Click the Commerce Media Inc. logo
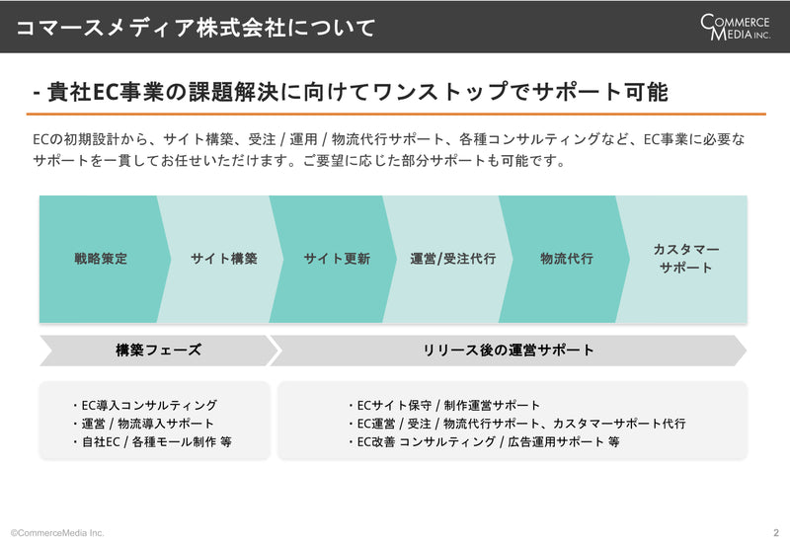(735, 28)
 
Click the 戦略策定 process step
(101, 259)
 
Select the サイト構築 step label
(224, 259)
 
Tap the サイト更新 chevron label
(337, 259)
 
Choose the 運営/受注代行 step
(452, 259)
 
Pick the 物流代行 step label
(566, 259)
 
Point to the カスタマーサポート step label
(685, 259)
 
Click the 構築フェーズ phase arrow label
(158, 350)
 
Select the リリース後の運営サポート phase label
(508, 350)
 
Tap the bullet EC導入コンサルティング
(144, 405)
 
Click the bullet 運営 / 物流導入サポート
(142, 424)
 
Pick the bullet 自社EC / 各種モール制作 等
(152, 441)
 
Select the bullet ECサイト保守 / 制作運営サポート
(443, 405)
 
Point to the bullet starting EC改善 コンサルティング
(484, 441)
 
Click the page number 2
(776, 532)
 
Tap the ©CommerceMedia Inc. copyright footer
(57, 532)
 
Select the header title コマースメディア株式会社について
(196, 28)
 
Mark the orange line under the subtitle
(396, 115)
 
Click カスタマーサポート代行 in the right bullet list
(619, 424)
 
